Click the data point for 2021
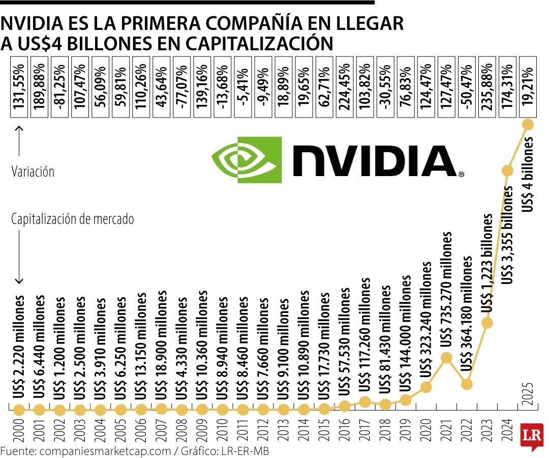tap(446, 358)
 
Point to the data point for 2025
tap(528, 124)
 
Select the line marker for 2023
tap(487, 323)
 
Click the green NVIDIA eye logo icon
tap(247, 159)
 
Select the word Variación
tap(33, 172)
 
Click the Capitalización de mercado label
tap(73, 219)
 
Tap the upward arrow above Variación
tap(19, 141)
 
